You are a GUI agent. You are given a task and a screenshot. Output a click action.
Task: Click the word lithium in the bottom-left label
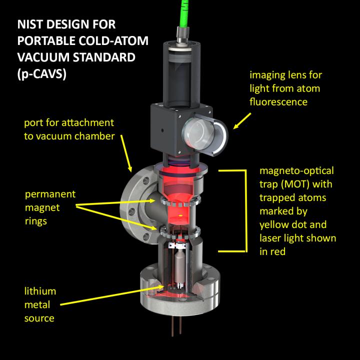tap(39, 291)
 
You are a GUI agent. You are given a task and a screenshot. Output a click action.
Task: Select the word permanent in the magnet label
tap(49, 194)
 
